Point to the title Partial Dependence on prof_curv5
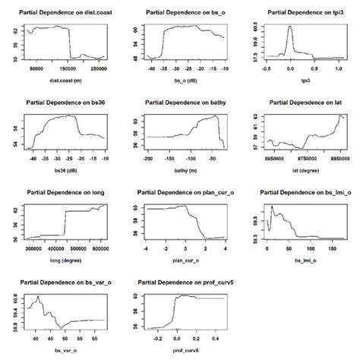[182, 282]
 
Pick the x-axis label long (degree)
[64, 259]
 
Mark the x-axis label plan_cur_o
[182, 259]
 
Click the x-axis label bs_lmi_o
[302, 259]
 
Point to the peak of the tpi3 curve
[289, 27]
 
